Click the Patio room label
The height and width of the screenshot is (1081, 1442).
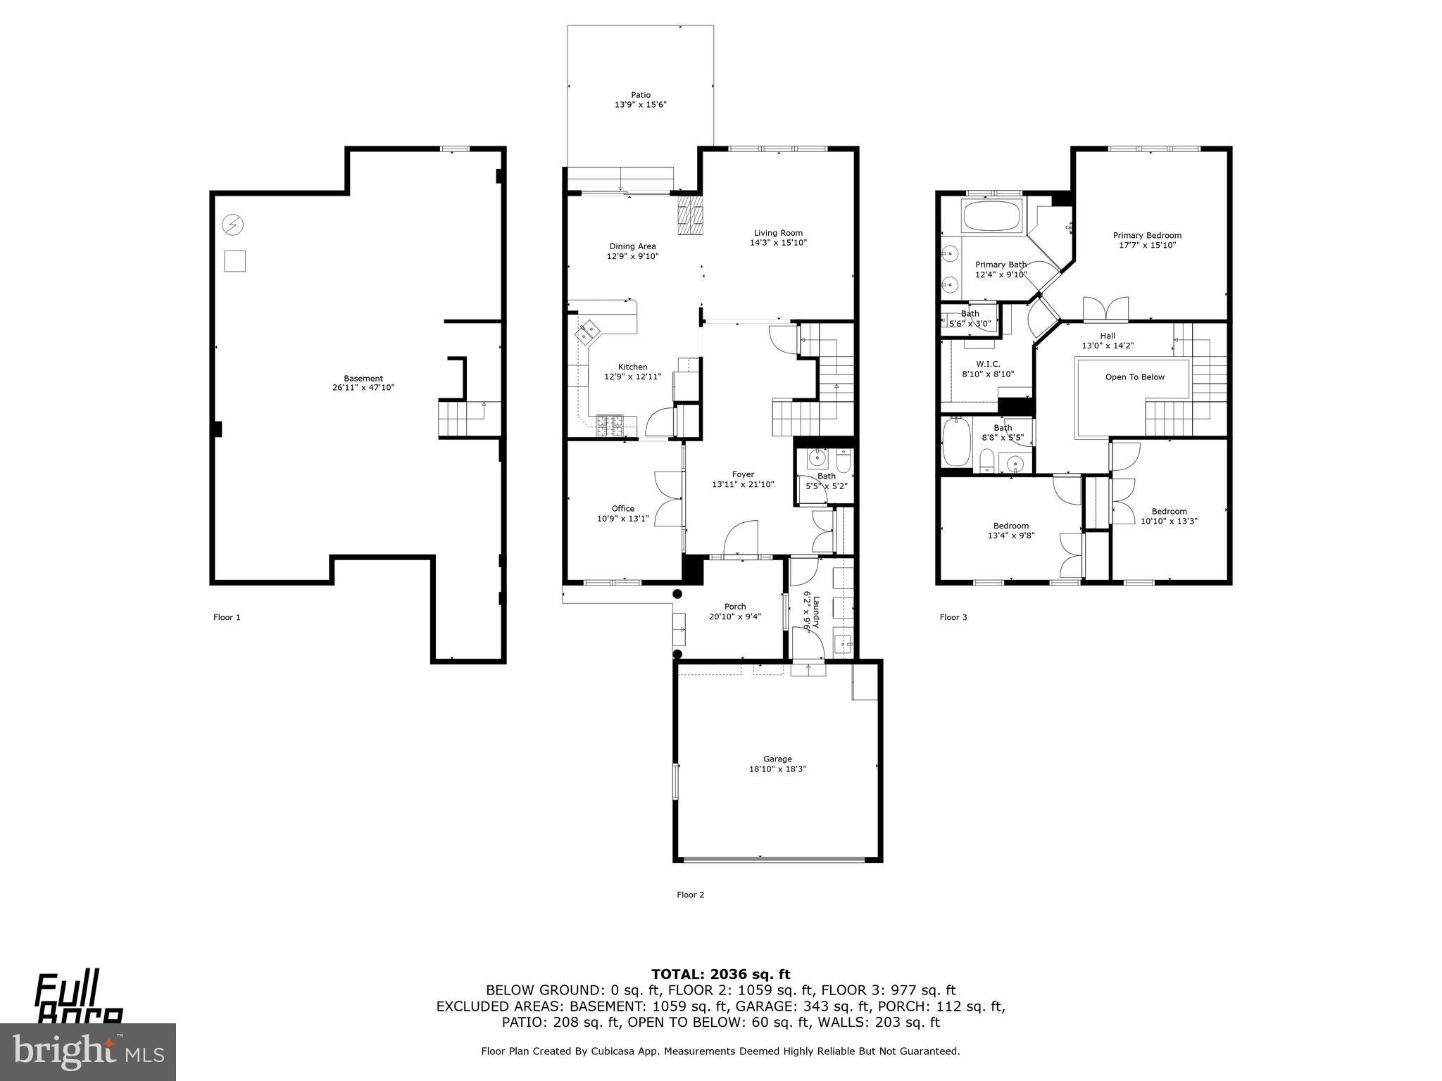pos(640,94)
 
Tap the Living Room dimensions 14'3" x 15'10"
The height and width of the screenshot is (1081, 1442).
pos(778,243)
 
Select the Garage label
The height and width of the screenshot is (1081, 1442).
pos(777,759)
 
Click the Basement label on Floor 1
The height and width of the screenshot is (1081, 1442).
pos(363,378)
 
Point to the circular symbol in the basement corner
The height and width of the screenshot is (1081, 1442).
pos(233,225)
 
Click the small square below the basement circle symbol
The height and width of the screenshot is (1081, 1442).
pos(234,261)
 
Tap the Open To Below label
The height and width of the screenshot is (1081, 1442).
pos(1134,377)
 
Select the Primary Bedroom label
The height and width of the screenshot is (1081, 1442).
pos(1147,236)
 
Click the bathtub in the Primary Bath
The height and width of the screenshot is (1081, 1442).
pos(991,216)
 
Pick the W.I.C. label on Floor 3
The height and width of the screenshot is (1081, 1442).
pos(988,364)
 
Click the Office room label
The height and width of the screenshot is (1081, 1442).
pos(622,508)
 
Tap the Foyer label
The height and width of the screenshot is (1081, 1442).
pos(743,474)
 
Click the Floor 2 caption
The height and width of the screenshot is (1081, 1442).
pos(690,894)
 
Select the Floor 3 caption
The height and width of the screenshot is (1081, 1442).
pos(953,617)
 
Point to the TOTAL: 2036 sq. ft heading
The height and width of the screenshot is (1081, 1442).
pos(720,974)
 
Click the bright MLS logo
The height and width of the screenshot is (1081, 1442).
pos(88,1051)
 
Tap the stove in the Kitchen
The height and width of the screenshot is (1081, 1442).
pos(610,425)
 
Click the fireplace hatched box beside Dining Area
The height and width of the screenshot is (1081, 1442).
pos(690,215)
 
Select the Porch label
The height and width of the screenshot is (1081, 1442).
pos(735,607)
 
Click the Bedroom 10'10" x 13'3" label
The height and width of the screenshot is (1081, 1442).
pos(1169,512)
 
